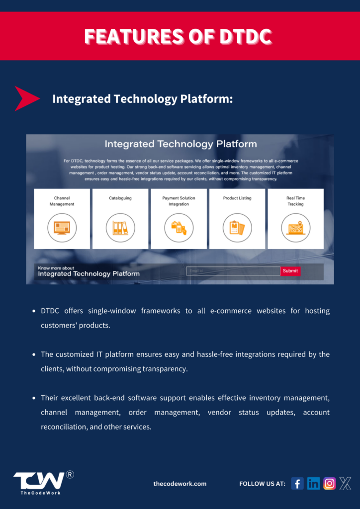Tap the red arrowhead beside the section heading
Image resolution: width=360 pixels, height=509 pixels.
[x=26, y=98]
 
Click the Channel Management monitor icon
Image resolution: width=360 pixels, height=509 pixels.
[x=62, y=228]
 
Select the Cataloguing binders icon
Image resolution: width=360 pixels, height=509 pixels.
[x=120, y=228]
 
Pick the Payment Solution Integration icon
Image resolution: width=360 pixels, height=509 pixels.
[x=179, y=228]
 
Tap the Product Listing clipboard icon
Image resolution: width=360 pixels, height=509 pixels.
[x=237, y=228]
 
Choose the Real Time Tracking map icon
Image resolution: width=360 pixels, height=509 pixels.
[x=295, y=228]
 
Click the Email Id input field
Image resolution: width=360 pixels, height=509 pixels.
[x=233, y=271]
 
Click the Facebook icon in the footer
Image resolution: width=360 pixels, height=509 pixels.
[x=297, y=483]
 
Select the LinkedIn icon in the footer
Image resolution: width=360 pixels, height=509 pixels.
[x=313, y=483]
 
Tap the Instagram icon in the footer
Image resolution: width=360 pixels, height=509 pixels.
[x=329, y=483]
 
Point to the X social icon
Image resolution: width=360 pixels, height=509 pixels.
[x=345, y=483]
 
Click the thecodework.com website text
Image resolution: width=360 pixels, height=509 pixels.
[x=180, y=484]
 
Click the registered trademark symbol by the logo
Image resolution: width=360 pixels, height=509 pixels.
[x=70, y=474]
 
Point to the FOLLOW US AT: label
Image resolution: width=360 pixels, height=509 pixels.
[x=262, y=484]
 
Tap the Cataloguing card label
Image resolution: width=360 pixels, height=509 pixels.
[x=120, y=198]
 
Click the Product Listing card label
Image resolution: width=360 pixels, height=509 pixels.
[x=237, y=198]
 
